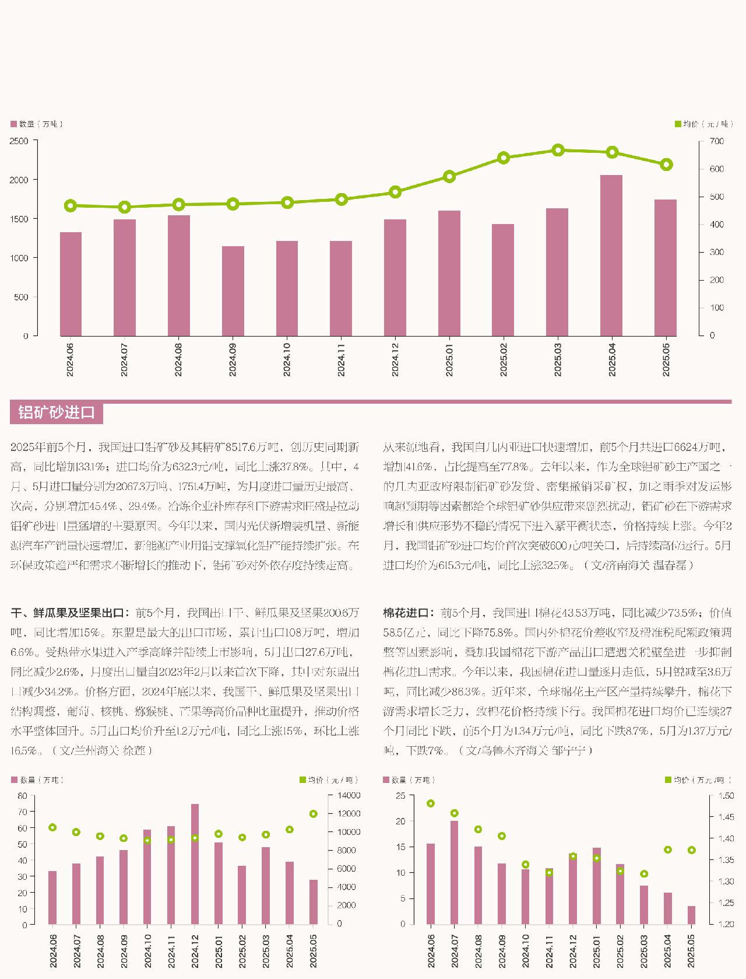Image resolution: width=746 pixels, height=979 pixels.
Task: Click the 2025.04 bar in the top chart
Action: pyautogui.click(x=611, y=255)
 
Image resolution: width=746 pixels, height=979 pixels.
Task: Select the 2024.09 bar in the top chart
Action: pyautogui.click(x=233, y=291)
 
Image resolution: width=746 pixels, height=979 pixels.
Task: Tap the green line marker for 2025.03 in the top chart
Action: pyautogui.click(x=558, y=150)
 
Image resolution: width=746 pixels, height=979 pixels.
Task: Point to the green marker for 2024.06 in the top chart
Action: pyautogui.click(x=71, y=205)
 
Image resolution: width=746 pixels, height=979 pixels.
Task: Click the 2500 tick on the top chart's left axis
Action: pyautogui.click(x=19, y=141)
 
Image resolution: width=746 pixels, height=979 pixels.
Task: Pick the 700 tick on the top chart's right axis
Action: pyautogui.click(x=716, y=141)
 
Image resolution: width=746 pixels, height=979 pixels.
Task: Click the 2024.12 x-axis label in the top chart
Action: pyautogui.click(x=395, y=359)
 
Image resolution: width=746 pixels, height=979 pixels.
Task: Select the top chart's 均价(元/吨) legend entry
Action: pyautogui.click(x=702, y=124)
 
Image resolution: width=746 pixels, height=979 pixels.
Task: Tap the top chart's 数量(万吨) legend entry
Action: pyautogui.click(x=37, y=124)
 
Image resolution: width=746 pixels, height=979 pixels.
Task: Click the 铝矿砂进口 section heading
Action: pyautogui.click(x=56, y=412)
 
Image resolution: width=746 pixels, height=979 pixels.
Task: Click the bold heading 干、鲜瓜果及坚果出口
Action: pyautogui.click(x=68, y=613)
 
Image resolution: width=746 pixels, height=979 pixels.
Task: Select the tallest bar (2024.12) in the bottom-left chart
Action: pyautogui.click(x=195, y=863)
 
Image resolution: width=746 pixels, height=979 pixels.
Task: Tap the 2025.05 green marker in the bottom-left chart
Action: pyautogui.click(x=313, y=814)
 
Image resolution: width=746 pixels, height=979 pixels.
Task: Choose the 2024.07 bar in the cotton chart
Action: pyautogui.click(x=455, y=872)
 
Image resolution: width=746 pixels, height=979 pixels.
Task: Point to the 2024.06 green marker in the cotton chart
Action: pyautogui.click(x=431, y=803)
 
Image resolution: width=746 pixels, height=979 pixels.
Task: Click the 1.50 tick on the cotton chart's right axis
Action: pyautogui.click(x=726, y=795)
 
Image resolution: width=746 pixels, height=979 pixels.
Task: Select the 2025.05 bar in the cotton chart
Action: pyautogui.click(x=691, y=914)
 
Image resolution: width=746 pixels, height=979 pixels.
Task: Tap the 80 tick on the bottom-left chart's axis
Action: pyautogui.click(x=23, y=795)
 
